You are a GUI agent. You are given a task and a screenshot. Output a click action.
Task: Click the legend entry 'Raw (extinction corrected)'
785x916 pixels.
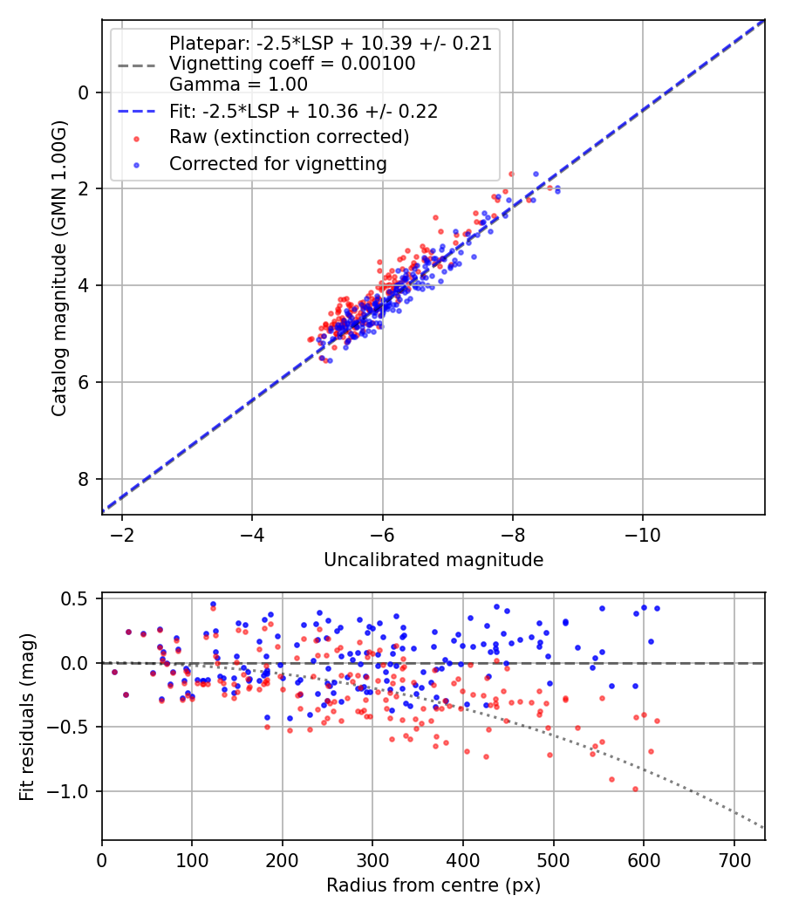[289, 137]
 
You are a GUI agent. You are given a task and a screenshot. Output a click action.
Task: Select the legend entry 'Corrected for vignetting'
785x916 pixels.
[278, 163]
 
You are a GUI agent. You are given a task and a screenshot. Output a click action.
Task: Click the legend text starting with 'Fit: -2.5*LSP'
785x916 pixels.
[304, 111]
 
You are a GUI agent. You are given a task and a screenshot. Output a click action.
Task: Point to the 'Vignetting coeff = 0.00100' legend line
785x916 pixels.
[292, 64]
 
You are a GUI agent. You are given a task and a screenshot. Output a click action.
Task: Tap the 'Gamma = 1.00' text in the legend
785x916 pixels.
[238, 85]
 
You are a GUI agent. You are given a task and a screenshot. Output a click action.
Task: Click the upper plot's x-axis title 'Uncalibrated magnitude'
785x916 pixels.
[433, 560]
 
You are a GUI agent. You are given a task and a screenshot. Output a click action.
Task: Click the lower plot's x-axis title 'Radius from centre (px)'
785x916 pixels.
[433, 885]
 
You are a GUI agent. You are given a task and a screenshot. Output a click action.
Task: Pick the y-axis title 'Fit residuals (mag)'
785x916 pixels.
[26, 716]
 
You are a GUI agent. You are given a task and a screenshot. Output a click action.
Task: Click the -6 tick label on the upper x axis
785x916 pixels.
[382, 534]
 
